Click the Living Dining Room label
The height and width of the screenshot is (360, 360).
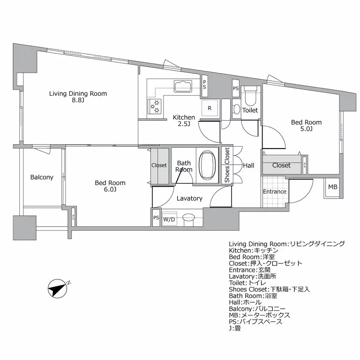[78, 94]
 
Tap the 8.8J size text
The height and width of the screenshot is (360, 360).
[78, 100]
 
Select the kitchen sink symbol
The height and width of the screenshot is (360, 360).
[183, 86]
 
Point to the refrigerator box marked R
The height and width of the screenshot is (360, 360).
[210, 109]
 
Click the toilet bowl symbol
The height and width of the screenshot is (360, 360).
[250, 96]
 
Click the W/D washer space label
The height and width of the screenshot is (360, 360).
[168, 220]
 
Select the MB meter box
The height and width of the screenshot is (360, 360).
[332, 187]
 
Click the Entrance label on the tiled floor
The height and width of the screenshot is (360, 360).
[275, 192]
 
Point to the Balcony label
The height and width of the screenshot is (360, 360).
[42, 178]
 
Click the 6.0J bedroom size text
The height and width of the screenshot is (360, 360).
[110, 189]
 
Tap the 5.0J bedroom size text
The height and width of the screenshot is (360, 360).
[306, 129]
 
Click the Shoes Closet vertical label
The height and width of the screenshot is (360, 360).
[227, 165]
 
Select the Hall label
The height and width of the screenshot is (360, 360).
[249, 166]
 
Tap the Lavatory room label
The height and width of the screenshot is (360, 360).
[189, 199]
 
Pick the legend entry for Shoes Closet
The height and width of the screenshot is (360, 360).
[269, 289]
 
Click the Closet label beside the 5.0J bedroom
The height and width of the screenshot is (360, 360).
[281, 165]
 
